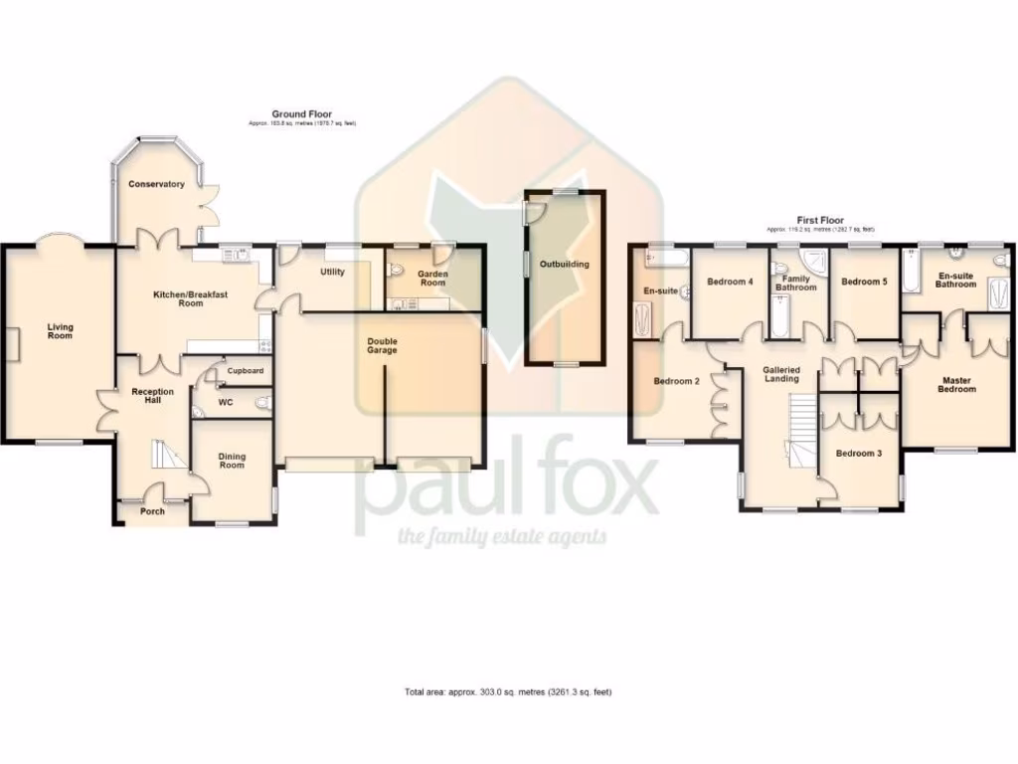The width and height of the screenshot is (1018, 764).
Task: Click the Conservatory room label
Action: point(156,184)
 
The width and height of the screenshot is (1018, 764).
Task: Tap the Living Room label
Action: point(61,331)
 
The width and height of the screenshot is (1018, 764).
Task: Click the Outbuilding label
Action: point(565,265)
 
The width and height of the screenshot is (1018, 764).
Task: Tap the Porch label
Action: point(152,511)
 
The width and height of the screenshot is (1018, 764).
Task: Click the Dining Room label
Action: point(232,461)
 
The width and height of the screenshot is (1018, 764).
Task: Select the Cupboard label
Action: point(246,371)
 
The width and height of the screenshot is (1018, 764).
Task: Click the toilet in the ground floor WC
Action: point(261,403)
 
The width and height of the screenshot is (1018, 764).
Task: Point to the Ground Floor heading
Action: point(302,114)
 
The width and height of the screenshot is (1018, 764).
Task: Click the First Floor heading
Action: point(820,220)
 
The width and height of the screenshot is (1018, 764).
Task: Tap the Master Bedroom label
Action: point(956,384)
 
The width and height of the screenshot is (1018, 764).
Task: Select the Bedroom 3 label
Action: point(858,454)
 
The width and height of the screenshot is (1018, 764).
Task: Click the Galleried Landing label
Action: point(781,374)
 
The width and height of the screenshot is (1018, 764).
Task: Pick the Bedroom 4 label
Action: point(730,283)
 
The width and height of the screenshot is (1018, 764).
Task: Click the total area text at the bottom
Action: point(508,691)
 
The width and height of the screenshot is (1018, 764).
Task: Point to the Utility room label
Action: point(331,272)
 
